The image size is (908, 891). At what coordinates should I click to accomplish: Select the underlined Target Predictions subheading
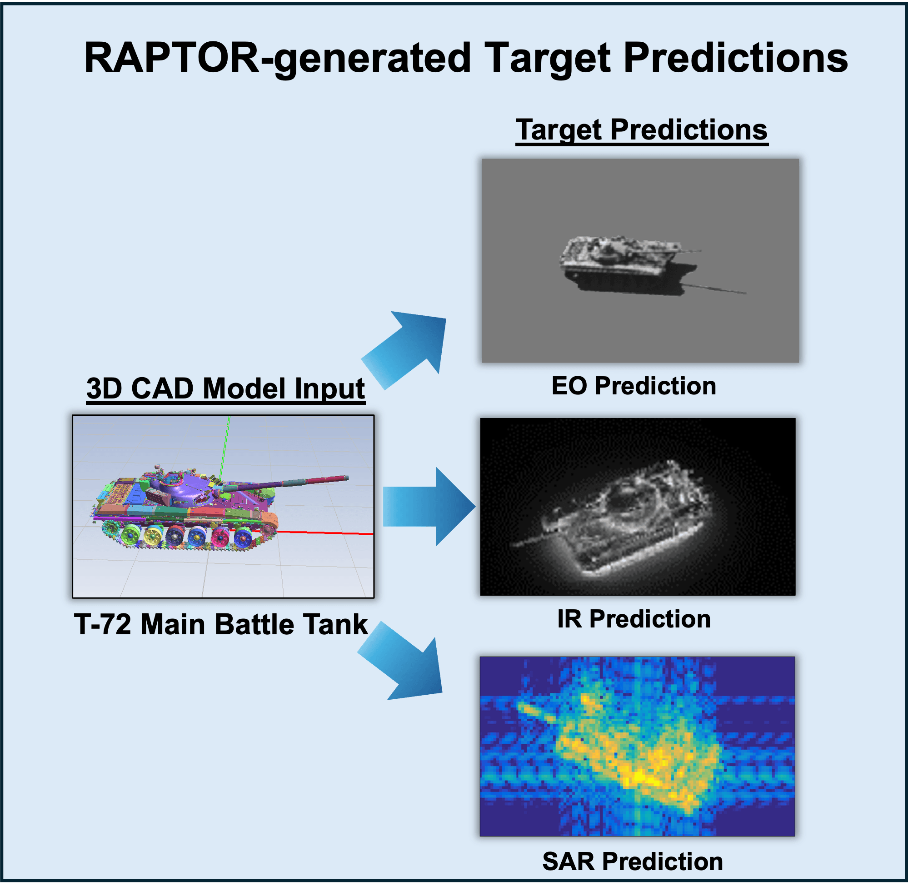pyautogui.click(x=641, y=129)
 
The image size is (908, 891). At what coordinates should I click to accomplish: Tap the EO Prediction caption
pyautogui.click(x=634, y=386)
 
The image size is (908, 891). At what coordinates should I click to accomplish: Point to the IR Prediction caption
pyautogui.click(x=634, y=619)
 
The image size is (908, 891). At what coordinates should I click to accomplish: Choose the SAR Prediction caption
pyautogui.click(x=632, y=861)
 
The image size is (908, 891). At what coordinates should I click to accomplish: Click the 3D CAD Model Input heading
pyautogui.click(x=225, y=388)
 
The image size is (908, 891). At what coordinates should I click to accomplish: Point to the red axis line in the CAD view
pyautogui.click(x=328, y=533)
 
